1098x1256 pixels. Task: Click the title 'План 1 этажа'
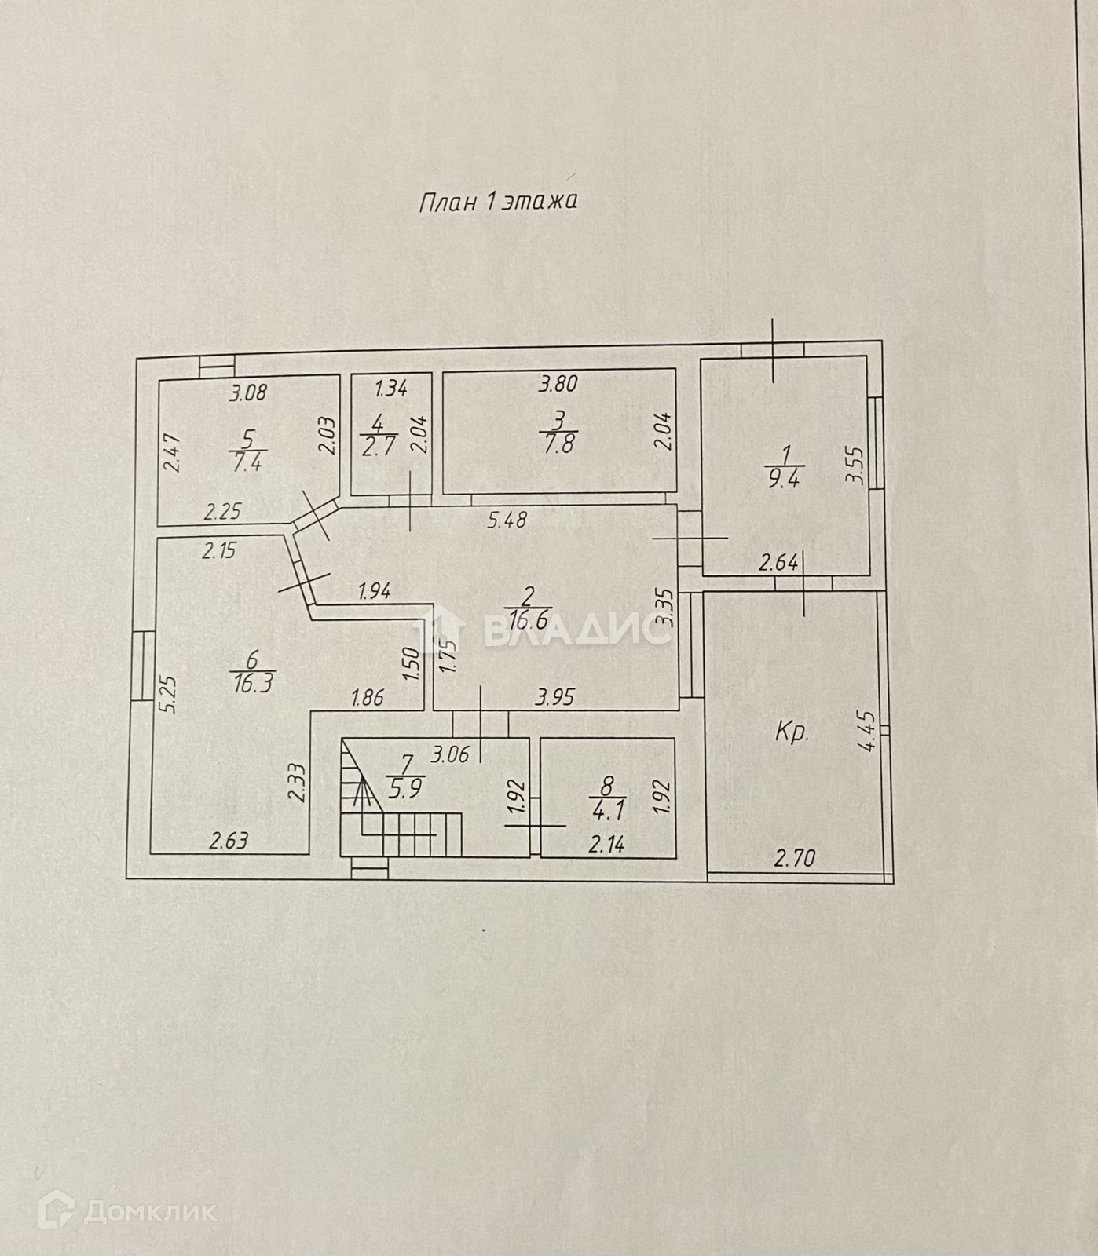coord(499,202)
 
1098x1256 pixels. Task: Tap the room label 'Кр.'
coord(792,734)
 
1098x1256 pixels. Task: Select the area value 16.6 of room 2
coord(531,621)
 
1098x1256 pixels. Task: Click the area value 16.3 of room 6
coord(252,684)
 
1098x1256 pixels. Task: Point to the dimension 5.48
coord(507,519)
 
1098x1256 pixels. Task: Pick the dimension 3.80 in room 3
coord(558,385)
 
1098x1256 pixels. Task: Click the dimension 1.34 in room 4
coord(390,387)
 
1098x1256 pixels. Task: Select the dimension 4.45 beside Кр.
coord(867,731)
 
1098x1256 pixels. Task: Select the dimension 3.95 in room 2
coord(555,696)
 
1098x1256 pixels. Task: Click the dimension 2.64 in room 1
coord(778,562)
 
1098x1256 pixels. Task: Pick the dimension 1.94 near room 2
coord(374,591)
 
